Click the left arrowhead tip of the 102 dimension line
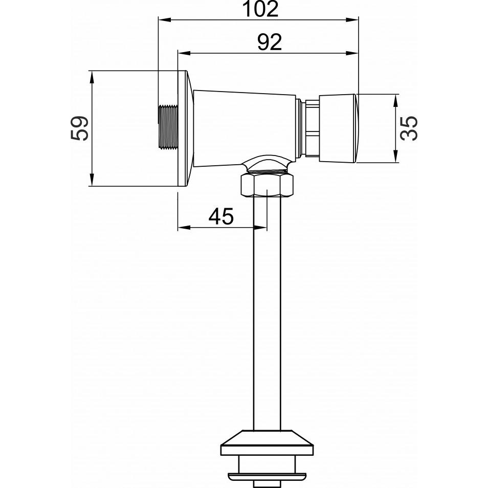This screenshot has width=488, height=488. pos(159,20)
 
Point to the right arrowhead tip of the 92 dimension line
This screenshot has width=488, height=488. pos(358,53)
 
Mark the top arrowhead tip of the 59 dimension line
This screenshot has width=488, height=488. pos(92,71)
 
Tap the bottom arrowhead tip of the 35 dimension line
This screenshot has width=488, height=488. pos(395,162)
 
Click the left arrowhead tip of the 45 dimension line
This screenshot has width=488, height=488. pos(178,228)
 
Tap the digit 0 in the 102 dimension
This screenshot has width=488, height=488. pos(260,9)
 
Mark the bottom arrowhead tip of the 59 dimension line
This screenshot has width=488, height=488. pos(92,186)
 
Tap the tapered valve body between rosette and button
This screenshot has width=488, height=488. pos(245,128)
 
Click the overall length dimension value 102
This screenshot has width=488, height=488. pos(260,9)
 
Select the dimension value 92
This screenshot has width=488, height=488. pos(270,42)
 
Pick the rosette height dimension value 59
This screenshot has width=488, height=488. pos(79,128)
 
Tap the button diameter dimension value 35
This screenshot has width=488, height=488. pos(409,128)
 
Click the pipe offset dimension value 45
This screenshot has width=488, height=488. pos(221,216)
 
